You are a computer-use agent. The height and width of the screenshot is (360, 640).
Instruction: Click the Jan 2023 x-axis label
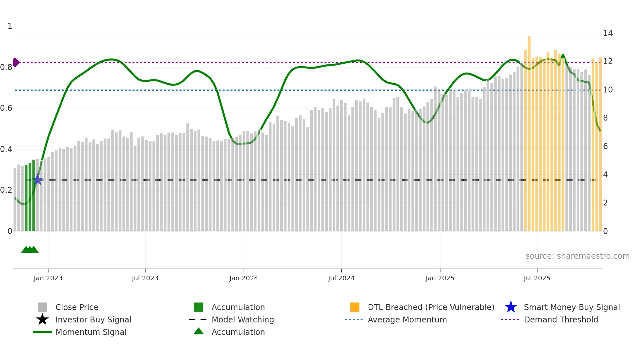coord(48,278)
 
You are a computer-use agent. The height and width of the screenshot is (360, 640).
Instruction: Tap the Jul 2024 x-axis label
coord(341,278)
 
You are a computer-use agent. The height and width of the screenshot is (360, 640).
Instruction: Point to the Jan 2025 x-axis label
coord(440,278)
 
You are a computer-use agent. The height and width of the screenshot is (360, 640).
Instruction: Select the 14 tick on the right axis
coord(608,33)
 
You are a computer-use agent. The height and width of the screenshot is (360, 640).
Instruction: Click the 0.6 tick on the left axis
coord(6,108)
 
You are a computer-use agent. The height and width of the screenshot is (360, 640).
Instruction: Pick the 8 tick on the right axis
coord(605,118)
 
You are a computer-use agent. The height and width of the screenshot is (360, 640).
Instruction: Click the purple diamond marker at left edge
coord(16,62)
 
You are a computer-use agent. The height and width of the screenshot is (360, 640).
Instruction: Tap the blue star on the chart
coord(38,179)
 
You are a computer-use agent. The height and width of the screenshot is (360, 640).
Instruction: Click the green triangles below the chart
coord(30,250)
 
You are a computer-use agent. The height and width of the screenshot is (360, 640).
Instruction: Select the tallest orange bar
coord(529,131)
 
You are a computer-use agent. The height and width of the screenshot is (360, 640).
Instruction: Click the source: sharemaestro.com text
coord(577,256)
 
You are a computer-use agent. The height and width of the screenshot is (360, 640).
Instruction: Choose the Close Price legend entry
coord(77,307)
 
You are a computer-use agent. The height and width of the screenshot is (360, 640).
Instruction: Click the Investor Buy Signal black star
coord(42,319)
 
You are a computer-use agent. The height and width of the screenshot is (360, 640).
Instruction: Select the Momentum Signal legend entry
coord(91,332)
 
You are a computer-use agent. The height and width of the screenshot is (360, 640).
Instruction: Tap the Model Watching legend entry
coord(243,319)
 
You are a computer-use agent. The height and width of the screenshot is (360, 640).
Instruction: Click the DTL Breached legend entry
coord(431,307)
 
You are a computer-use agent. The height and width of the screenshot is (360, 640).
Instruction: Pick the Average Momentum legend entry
coord(407,319)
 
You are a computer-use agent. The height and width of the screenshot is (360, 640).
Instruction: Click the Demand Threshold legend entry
coord(561,319)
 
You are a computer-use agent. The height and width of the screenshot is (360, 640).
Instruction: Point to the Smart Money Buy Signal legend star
coord(511,307)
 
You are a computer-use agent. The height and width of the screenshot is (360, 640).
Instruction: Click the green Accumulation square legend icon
coord(199,307)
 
